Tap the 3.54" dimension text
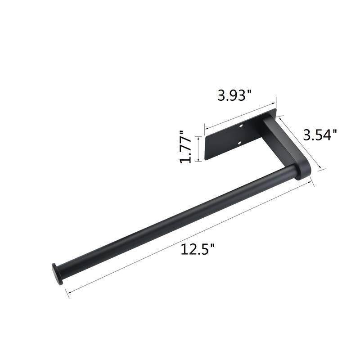(320, 135)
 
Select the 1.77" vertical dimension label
(185, 147)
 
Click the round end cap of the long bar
(55, 274)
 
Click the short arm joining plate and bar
(283, 144)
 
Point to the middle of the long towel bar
(175, 220)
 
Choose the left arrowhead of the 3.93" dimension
(206, 127)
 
